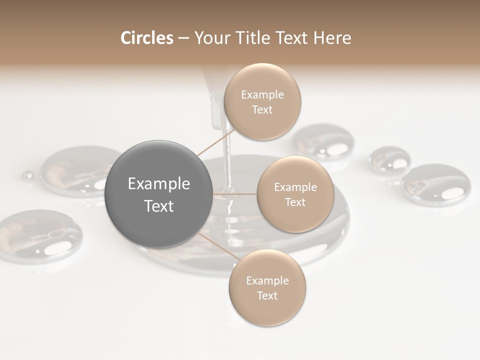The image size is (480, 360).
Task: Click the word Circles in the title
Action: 146,38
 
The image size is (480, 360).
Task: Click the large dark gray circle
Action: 158,194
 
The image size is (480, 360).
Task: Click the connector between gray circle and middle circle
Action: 234,194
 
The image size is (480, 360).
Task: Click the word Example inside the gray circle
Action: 159,184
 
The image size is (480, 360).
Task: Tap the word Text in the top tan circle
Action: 262,109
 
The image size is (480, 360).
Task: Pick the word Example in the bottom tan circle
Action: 267,280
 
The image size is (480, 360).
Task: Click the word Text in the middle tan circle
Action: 295,202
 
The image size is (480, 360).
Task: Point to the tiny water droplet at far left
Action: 27,175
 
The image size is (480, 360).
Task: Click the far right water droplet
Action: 435,184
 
